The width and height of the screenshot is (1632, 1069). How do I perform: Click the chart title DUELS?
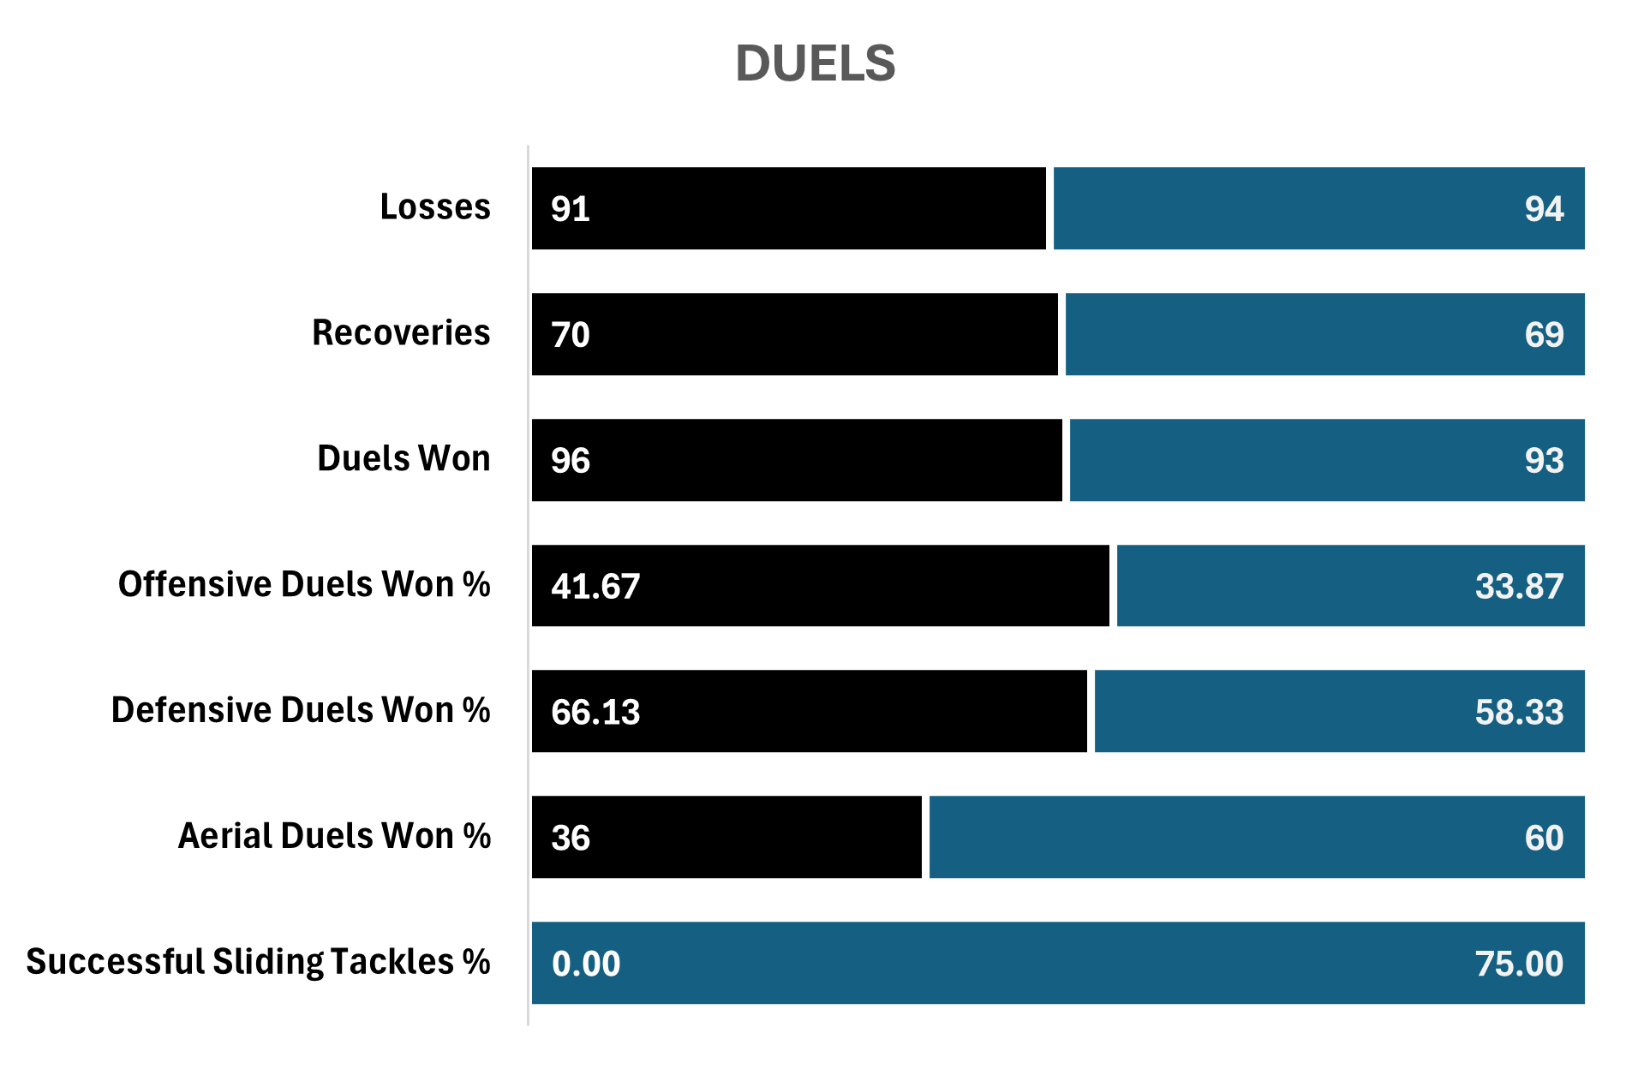tap(815, 64)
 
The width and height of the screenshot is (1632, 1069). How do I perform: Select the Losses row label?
tap(435, 207)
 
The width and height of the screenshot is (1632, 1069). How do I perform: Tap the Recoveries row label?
tap(401, 333)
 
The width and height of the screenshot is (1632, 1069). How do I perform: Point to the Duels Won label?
tap(404, 459)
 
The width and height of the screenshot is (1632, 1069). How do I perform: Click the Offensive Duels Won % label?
tap(304, 585)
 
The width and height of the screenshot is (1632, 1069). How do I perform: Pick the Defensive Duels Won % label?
tap(301, 711)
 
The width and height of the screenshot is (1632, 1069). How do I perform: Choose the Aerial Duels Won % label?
tap(334, 837)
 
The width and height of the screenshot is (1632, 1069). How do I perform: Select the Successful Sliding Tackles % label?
tap(258, 963)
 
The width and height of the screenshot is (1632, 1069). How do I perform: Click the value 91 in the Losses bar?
tap(571, 209)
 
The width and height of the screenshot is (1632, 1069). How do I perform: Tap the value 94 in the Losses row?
tap(1544, 209)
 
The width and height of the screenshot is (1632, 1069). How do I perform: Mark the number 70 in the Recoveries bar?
tap(571, 335)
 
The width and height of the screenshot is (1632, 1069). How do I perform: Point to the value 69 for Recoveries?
tap(1544, 335)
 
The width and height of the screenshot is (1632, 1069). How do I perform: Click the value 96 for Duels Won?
tap(571, 461)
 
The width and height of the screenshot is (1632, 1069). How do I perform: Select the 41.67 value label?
tap(595, 587)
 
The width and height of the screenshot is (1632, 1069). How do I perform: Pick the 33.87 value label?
tap(1519, 587)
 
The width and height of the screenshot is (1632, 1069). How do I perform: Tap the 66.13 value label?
tap(595, 713)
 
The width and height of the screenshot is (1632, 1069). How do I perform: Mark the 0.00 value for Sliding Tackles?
tap(586, 964)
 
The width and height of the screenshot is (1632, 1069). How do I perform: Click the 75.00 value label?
tap(1519, 964)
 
